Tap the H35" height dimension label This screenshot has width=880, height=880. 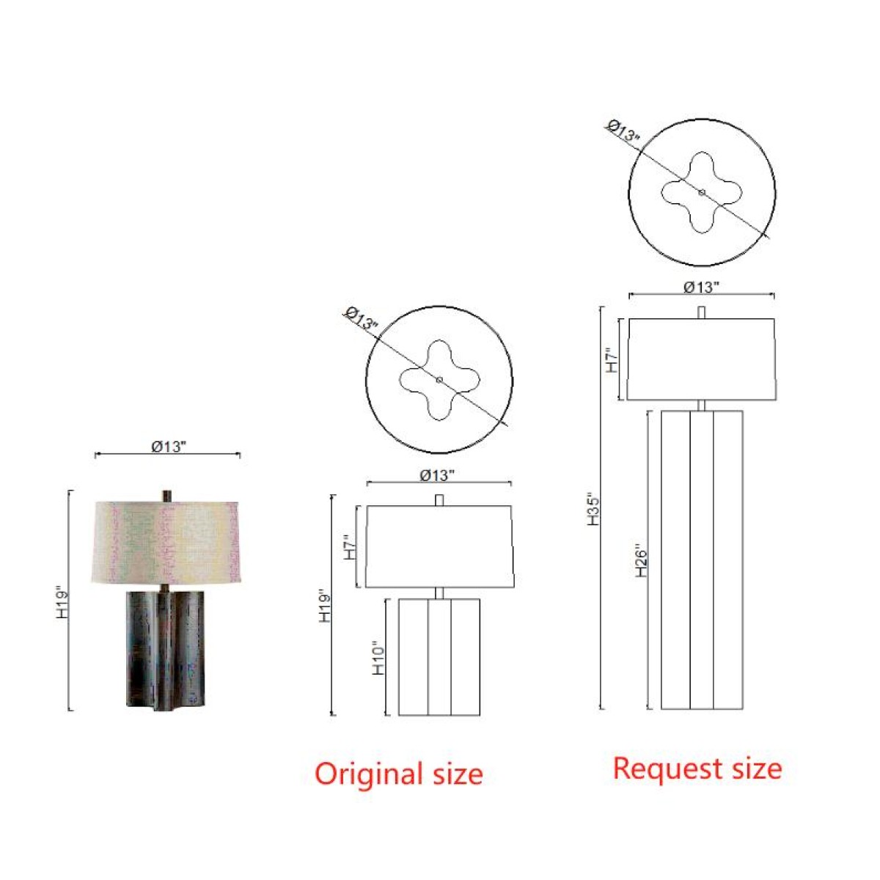tap(593, 509)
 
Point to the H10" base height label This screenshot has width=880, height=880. tap(378, 659)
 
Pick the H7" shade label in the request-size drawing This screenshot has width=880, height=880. tap(612, 359)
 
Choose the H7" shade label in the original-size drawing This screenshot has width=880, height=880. tap(349, 548)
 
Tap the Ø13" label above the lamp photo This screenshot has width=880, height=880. tap(169, 447)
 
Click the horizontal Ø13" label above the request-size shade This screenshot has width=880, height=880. tap(702, 287)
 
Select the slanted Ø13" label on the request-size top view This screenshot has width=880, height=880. tap(624, 131)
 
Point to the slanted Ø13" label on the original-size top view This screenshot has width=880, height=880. tap(362, 319)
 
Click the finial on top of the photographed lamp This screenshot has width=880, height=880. tap(167, 496)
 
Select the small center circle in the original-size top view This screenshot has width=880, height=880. tap(439, 379)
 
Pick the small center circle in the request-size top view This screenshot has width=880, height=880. tap(702, 193)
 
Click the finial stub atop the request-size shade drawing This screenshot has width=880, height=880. tap(702, 313)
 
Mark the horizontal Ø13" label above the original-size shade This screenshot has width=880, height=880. tap(438, 475)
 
